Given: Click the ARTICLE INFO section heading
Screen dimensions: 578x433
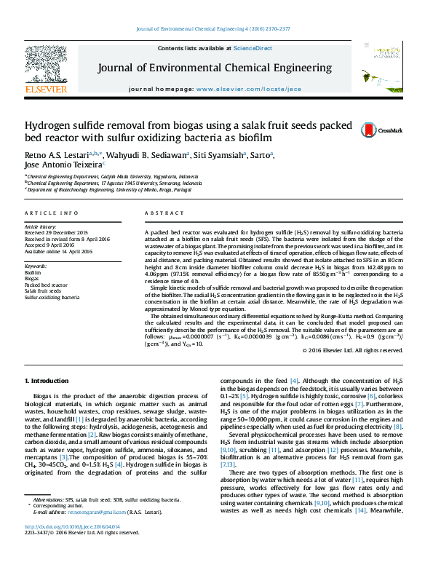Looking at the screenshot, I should [x=52, y=213].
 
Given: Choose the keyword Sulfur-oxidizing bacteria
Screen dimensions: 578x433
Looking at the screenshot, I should [x=52, y=298].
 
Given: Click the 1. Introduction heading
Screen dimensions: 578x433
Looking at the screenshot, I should [x=49, y=381].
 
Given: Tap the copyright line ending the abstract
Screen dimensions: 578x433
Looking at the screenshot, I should [x=352, y=350].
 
